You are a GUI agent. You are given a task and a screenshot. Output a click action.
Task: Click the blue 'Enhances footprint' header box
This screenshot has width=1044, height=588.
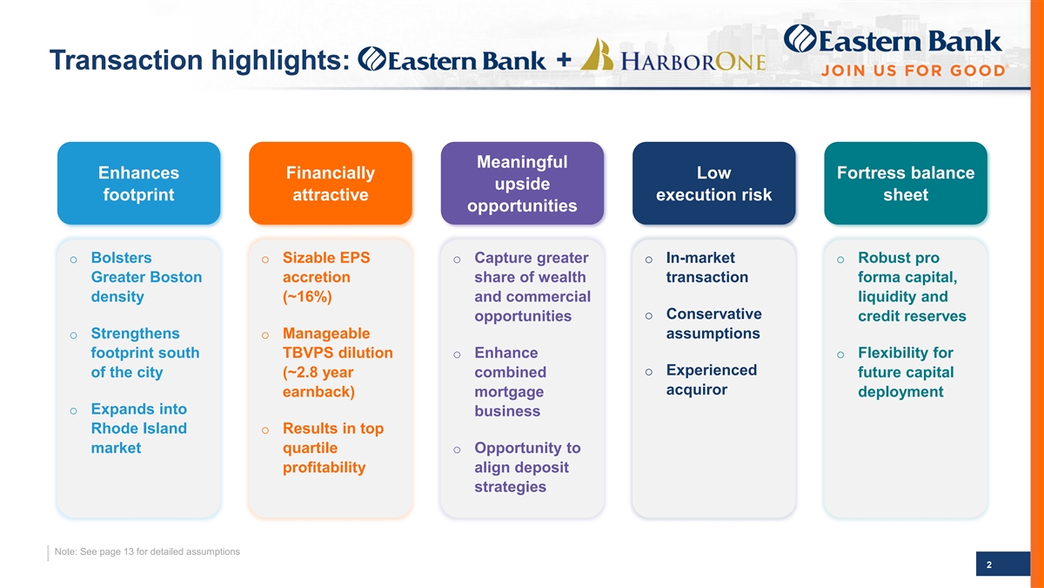[139, 183]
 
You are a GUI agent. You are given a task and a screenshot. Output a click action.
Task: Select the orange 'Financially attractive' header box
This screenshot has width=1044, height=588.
[331, 183]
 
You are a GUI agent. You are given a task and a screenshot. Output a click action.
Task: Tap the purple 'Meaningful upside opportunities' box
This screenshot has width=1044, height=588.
[522, 183]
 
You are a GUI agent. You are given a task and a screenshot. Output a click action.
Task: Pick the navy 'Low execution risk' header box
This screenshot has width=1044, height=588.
[714, 183]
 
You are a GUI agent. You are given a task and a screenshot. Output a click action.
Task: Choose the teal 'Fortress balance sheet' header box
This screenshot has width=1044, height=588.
[906, 183]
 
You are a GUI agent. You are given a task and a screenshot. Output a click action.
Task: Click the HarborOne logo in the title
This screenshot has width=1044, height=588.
[673, 56]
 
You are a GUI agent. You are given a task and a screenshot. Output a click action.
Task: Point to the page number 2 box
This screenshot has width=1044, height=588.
[1003, 564]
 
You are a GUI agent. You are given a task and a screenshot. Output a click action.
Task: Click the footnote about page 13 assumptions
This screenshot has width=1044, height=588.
[147, 551]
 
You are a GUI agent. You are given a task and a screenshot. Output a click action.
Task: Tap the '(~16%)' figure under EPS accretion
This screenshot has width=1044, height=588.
[307, 297]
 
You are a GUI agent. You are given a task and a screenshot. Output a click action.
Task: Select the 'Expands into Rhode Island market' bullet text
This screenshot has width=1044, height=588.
[139, 429]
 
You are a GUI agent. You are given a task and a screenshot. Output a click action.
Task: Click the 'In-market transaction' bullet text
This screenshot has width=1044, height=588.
[707, 267]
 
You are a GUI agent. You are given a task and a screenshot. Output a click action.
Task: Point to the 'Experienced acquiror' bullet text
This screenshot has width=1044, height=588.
[712, 380]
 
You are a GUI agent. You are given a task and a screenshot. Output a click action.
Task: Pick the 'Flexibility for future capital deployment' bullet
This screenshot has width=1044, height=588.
[906, 372]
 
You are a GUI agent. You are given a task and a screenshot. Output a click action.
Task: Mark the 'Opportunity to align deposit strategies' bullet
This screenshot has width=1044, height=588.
[527, 467]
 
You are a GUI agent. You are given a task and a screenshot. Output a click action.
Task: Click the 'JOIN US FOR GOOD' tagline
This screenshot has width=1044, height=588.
[914, 71]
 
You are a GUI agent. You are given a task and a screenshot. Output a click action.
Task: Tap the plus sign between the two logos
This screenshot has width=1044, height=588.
[564, 59]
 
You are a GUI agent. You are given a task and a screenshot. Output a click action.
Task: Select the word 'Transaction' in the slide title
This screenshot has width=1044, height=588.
[126, 60]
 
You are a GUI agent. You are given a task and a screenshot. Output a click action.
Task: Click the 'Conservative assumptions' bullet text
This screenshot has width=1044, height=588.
[714, 323]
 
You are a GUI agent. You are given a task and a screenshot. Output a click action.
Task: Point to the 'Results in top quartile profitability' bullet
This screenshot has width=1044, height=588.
[333, 448]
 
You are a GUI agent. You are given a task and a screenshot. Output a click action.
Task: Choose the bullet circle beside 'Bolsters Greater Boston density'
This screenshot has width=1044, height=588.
[74, 260]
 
